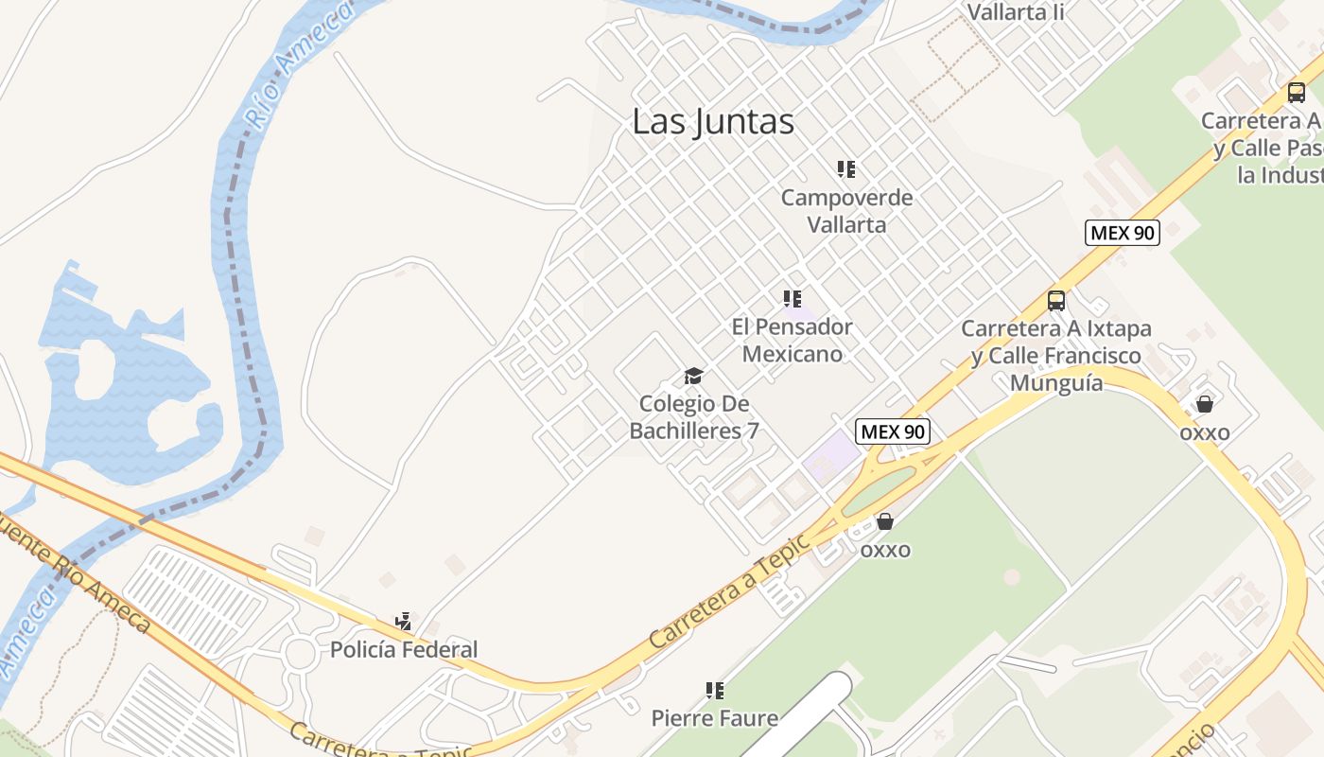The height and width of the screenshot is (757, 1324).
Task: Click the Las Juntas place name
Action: pyautogui.click(x=713, y=121)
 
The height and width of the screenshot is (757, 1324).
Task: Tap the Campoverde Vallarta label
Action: pyautogui.click(x=846, y=211)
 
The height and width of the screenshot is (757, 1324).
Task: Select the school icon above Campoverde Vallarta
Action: pyautogui.click(x=846, y=169)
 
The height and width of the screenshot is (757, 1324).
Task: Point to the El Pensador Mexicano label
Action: pyautogui.click(x=792, y=340)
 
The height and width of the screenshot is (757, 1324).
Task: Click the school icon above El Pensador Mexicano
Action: pyautogui.click(x=793, y=299)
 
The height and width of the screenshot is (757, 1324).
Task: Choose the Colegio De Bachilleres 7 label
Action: pyautogui.click(x=694, y=417)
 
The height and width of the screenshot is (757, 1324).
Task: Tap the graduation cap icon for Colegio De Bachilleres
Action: pyautogui.click(x=694, y=377)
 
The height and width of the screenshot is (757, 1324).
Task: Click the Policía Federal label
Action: pyautogui.click(x=404, y=650)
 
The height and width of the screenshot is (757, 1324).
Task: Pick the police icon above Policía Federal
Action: pyautogui.click(x=404, y=622)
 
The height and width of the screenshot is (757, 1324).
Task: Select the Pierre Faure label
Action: pyautogui.click(x=715, y=718)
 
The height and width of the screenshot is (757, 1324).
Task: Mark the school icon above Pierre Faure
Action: pyautogui.click(x=715, y=691)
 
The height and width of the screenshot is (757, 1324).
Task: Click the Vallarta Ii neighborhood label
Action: pyautogui.click(x=1016, y=11)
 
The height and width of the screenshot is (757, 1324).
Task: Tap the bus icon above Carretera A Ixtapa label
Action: pyautogui.click(x=1056, y=301)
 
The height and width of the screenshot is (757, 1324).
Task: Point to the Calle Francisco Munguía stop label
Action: pyautogui.click(x=1056, y=356)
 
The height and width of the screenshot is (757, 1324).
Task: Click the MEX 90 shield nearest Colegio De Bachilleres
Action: pyautogui.click(x=893, y=431)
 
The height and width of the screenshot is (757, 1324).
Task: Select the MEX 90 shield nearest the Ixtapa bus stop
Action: pyautogui.click(x=1122, y=233)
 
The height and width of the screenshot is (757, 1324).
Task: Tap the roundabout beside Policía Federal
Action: pyautogui.click(x=301, y=652)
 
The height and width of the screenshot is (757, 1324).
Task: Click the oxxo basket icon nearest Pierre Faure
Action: pyautogui.click(x=885, y=521)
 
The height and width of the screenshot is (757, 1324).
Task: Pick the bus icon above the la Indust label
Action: pyautogui.click(x=1297, y=93)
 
